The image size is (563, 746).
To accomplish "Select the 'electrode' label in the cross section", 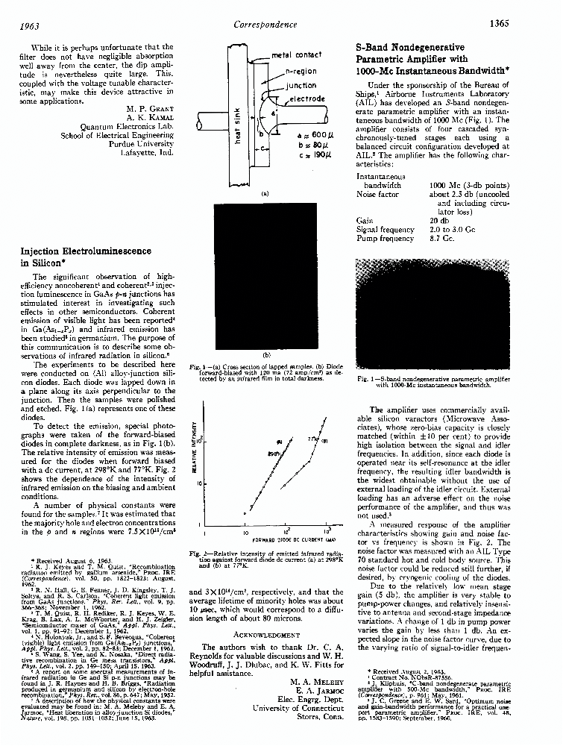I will pyautogui.click(x=306, y=98).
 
